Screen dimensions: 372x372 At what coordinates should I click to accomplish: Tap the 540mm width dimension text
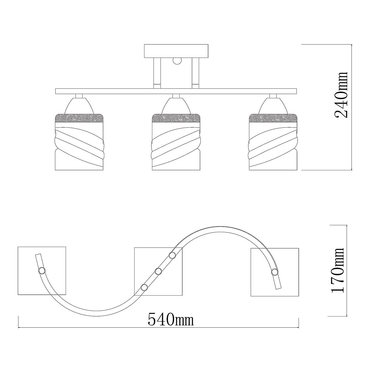click(171, 319)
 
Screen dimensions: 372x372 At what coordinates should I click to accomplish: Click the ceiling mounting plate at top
click(176, 51)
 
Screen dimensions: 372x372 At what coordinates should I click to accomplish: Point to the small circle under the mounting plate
click(177, 61)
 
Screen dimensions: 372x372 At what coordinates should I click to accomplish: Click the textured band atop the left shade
click(79, 118)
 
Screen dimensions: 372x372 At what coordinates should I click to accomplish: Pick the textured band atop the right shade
click(273, 118)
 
